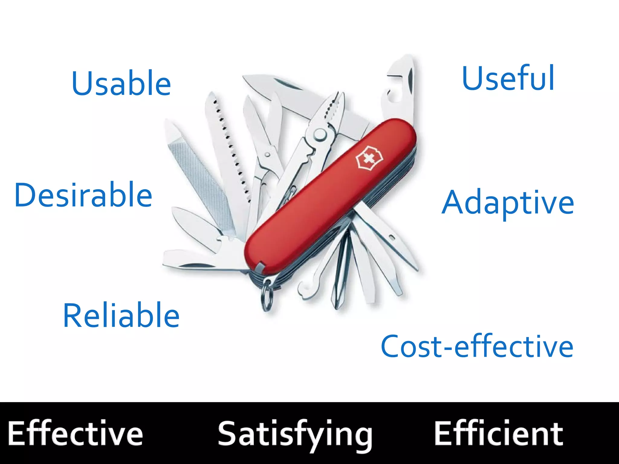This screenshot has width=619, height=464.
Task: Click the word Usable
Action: [x=121, y=83]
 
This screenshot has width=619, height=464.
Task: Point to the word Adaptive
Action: [x=507, y=202]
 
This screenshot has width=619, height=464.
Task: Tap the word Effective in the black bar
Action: [x=75, y=433]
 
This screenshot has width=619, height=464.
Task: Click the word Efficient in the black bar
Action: [x=499, y=433]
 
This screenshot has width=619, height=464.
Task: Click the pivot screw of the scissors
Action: [x=267, y=155]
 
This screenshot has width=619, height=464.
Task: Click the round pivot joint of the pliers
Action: [x=320, y=134]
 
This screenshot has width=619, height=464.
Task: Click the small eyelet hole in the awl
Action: [x=392, y=238]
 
